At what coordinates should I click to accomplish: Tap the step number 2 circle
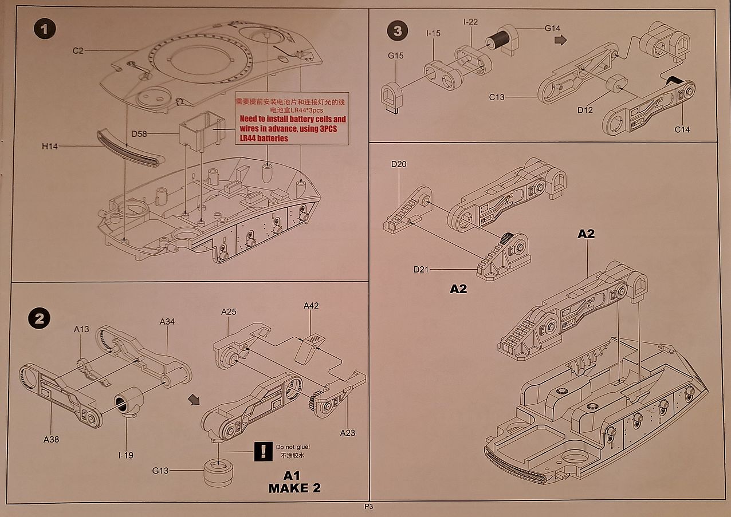tap(38, 319)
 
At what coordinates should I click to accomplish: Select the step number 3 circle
tap(398, 31)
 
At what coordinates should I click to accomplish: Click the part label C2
tap(78, 51)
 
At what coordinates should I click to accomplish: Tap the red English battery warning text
tap(292, 128)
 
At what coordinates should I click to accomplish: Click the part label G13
tap(160, 471)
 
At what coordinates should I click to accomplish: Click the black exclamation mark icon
tap(263, 451)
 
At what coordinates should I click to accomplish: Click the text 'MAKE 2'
tap(294, 488)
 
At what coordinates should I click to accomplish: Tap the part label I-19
tap(125, 455)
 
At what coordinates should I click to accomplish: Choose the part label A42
tap(311, 306)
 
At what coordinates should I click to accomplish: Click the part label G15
tap(395, 56)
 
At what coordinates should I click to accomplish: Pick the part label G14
tap(552, 28)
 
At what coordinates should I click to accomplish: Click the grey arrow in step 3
tap(561, 40)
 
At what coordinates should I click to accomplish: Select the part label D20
tap(399, 165)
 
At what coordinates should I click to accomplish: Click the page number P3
tap(368, 507)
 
